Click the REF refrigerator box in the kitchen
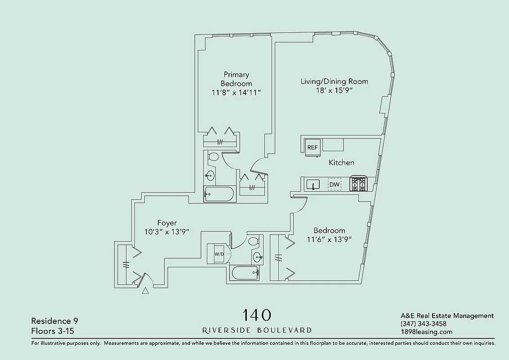tap(313, 148)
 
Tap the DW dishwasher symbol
tap(335, 184)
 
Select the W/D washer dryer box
tap(219, 254)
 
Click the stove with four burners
tap(359, 184)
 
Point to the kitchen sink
tap(313, 184)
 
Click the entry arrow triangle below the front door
tap(145, 291)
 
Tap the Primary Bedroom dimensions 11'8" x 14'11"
tap(236, 93)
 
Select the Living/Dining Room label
tap(334, 81)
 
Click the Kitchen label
tap(341, 162)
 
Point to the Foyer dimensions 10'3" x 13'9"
tap(167, 232)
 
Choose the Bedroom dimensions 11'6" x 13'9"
tap(329, 240)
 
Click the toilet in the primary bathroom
tap(214, 157)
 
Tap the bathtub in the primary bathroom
tap(219, 194)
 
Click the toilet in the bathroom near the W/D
tap(254, 241)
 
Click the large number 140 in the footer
tap(257, 315)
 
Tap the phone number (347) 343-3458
tap(423, 324)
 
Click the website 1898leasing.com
tap(426, 332)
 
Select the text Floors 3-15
tap(53, 331)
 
